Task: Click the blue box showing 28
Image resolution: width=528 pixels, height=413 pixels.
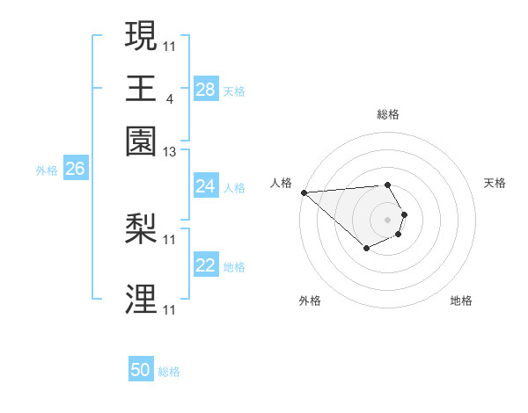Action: pyautogui.click(x=206, y=90)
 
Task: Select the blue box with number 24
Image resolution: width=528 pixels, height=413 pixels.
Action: pyautogui.click(x=206, y=186)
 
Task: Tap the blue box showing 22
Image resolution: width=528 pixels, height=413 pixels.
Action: pyautogui.click(x=206, y=266)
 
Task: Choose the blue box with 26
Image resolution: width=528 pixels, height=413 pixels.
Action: pyautogui.click(x=75, y=169)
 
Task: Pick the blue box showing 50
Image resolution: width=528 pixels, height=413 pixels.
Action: pyautogui.click(x=141, y=370)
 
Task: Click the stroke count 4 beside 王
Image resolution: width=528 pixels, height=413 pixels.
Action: pyautogui.click(x=169, y=98)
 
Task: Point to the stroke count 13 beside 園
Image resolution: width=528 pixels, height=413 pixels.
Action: pyautogui.click(x=170, y=153)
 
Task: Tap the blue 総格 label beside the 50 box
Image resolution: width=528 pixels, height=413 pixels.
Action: pyautogui.click(x=169, y=372)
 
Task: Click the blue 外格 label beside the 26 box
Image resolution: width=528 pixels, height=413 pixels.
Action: pyautogui.click(x=47, y=170)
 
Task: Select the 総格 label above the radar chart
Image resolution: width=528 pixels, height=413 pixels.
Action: pyautogui.click(x=388, y=114)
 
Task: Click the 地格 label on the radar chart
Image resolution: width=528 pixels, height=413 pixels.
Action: pyautogui.click(x=461, y=301)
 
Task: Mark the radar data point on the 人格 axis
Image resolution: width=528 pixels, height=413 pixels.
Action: pyautogui.click(x=304, y=192)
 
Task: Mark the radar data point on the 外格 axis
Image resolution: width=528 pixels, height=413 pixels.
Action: pyautogui.click(x=366, y=250)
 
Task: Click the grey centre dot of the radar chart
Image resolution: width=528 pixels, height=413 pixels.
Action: pyautogui.click(x=388, y=219)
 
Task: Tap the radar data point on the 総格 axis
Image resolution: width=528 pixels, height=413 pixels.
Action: pyautogui.click(x=388, y=185)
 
